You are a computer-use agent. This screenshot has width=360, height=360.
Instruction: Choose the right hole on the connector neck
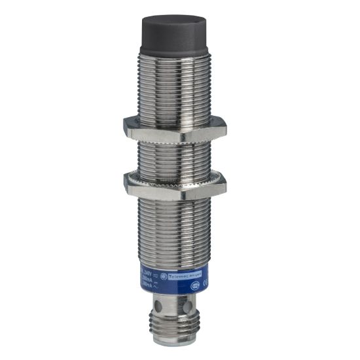click(189, 308)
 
